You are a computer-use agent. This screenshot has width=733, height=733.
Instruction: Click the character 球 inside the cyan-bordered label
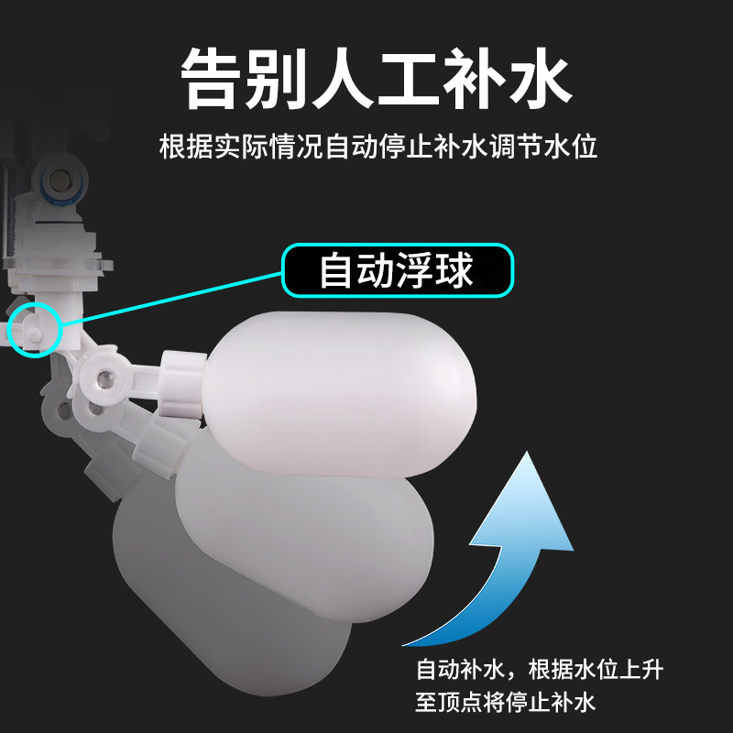[454, 270]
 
